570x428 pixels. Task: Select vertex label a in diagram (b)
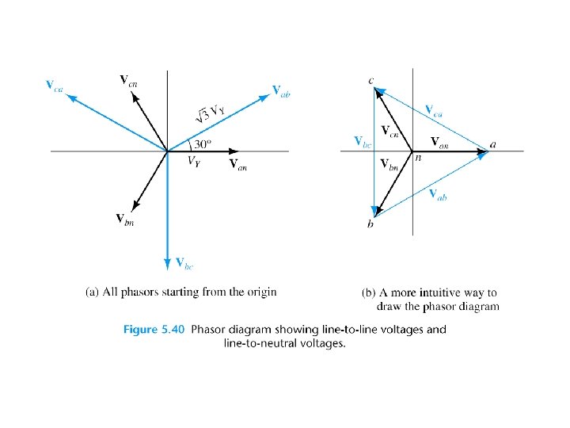(x=494, y=144)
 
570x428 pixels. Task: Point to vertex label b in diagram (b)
(x=370, y=225)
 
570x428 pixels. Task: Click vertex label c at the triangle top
(x=371, y=79)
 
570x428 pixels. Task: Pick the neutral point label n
(x=418, y=158)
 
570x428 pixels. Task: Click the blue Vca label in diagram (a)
(x=55, y=85)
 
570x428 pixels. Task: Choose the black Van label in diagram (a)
(x=237, y=164)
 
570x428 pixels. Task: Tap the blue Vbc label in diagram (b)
(x=362, y=141)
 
